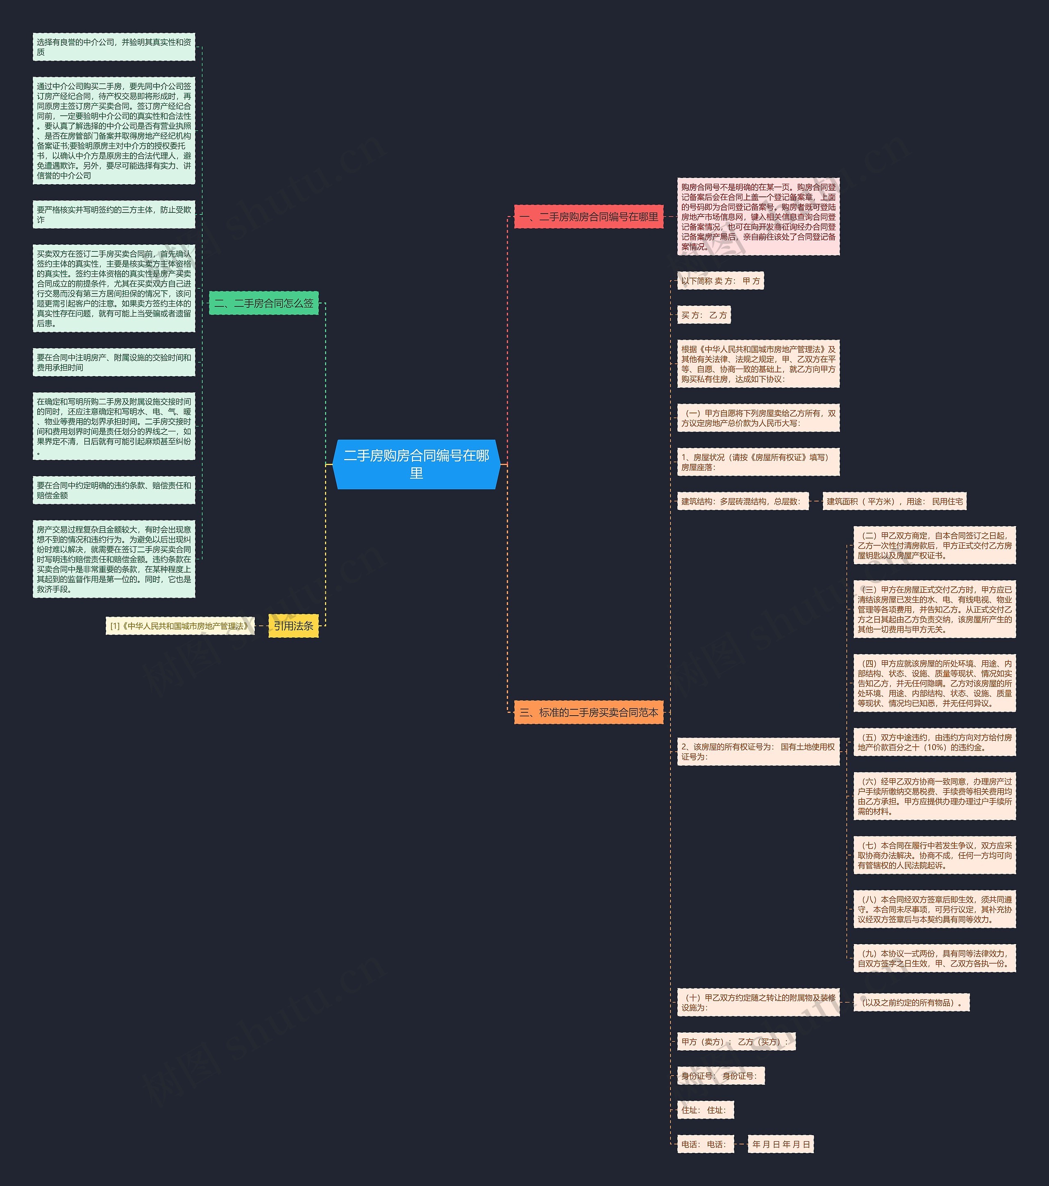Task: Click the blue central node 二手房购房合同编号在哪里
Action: click(416, 464)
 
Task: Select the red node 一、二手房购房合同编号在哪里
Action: click(588, 217)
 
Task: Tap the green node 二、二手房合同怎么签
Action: click(264, 303)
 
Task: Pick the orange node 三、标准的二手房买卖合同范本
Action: click(588, 712)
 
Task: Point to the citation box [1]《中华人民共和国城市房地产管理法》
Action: click(180, 626)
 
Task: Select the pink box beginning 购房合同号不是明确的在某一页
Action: click(758, 217)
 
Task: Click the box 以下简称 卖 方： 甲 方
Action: click(720, 281)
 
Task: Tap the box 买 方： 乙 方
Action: click(704, 315)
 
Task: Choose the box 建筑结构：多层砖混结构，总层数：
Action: click(742, 501)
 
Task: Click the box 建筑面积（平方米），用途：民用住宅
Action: click(894, 501)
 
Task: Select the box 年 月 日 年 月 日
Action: click(781, 1144)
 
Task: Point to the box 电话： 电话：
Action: click(704, 1144)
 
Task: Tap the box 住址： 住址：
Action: click(704, 1110)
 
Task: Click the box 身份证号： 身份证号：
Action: click(720, 1076)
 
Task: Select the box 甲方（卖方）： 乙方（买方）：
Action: click(736, 1042)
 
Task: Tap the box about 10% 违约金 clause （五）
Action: click(934, 742)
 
